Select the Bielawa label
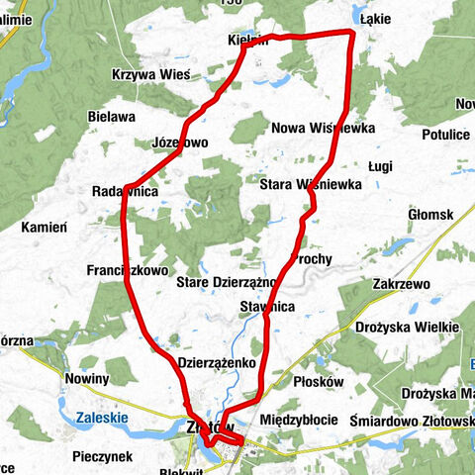(111, 117)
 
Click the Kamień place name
(43, 227)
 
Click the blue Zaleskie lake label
(101, 419)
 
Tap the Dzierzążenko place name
(218, 363)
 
